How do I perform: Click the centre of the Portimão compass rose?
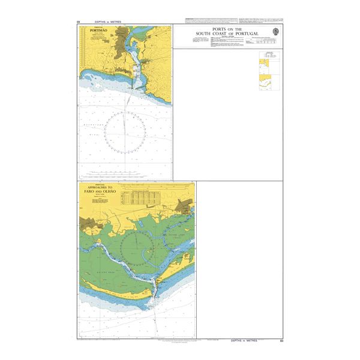[x=125, y=131]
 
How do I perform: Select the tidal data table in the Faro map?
[x=140, y=196]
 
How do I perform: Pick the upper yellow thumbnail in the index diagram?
[x=265, y=65]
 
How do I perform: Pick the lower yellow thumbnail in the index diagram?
[x=265, y=80]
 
